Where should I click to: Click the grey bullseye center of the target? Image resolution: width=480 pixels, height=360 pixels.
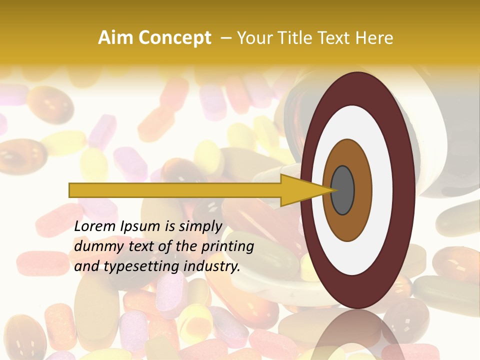coord(342,190)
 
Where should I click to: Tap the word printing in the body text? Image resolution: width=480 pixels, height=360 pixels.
coord(229,247)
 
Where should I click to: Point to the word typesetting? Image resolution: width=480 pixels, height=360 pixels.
coord(141,267)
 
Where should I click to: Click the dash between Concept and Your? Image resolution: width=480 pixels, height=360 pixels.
coord(225,38)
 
